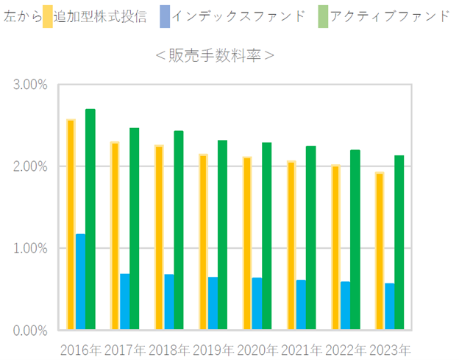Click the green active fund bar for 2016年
90,219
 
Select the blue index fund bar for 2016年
81,282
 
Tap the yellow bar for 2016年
71,225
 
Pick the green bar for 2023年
399,243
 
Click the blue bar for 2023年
390,306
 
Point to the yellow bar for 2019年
204,242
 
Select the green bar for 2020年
267,236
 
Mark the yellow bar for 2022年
335,247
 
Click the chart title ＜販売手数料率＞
215,56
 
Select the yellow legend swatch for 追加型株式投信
48,16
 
